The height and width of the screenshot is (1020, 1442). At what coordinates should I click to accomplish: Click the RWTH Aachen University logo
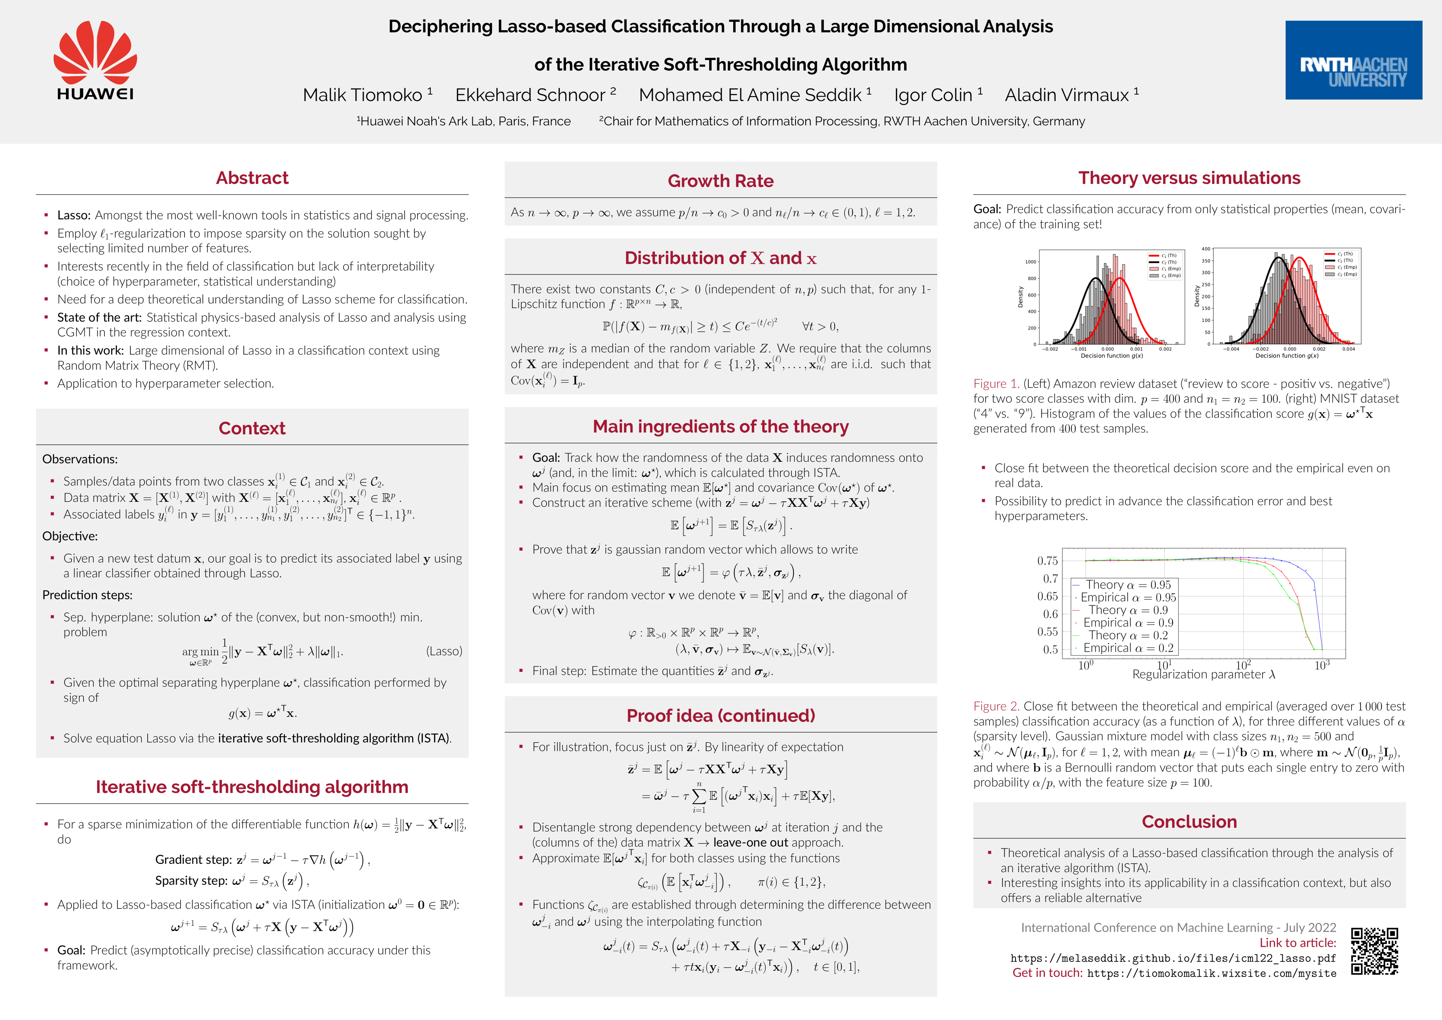1353,60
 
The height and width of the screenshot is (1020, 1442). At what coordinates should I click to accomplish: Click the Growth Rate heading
720,181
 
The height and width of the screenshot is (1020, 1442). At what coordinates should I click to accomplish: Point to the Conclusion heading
1189,822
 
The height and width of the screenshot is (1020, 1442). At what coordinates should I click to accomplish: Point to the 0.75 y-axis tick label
1047,561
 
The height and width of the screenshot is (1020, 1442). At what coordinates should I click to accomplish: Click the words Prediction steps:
87,595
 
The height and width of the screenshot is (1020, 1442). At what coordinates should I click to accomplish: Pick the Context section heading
252,428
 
